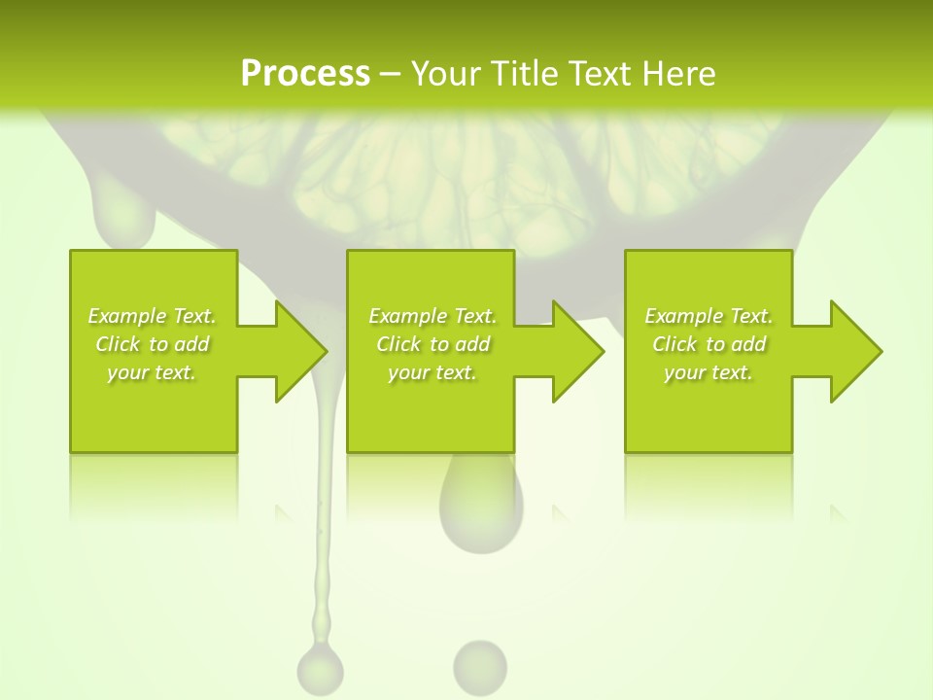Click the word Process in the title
click(305, 74)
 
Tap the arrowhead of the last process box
click(854, 351)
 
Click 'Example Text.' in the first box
click(152, 316)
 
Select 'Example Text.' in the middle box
click(432, 316)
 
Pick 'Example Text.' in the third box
click(708, 316)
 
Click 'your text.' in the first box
click(152, 372)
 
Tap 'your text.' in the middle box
click(432, 372)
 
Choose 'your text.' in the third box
click(708, 372)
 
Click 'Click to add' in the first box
click(152, 344)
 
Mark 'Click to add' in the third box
click(708, 344)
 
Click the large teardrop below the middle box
click(480, 506)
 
